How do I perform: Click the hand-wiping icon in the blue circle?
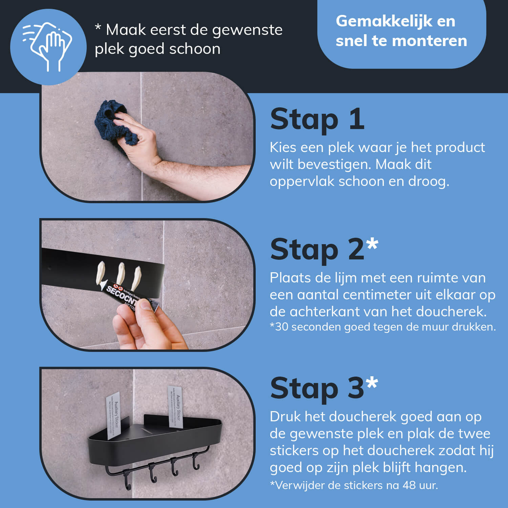48,47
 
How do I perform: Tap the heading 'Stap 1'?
317,119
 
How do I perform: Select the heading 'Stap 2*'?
324,249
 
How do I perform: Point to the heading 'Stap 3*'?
324,388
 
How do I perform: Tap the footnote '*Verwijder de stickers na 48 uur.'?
354,485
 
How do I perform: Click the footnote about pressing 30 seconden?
383,327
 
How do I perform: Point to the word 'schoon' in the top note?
195,49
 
